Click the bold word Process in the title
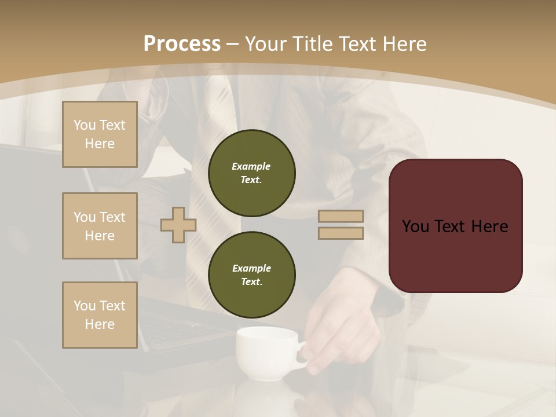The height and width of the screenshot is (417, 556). (182, 44)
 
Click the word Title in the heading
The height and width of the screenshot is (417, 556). (313, 44)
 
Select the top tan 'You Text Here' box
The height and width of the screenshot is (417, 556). (100, 134)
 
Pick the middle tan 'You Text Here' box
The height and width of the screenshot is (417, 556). (100, 226)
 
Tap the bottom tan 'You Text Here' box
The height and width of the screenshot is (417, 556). (100, 315)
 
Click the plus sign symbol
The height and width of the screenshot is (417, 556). (178, 225)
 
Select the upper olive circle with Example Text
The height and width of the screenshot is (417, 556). (251, 173)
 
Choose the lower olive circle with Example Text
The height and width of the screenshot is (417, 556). (251, 275)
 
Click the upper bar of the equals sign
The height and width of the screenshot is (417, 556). (341, 216)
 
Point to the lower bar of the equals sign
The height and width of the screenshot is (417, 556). (341, 233)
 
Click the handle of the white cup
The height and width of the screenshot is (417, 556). (302, 356)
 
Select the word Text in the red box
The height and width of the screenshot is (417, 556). (451, 226)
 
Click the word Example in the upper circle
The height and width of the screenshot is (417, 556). (251, 166)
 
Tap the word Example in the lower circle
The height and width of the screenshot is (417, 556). (251, 268)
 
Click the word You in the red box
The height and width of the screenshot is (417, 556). (415, 226)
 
